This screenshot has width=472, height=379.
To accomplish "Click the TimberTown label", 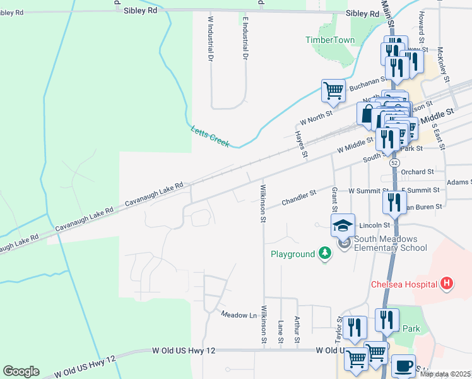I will pos(330,40).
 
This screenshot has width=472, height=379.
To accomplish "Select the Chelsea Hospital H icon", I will pos(447,283).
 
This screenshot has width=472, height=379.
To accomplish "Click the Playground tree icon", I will pos(325,253).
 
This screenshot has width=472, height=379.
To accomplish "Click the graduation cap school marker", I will pos(343,226).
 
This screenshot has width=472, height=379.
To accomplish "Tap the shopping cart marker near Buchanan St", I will pos(333,90).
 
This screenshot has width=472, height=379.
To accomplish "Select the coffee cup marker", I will pos(403,365).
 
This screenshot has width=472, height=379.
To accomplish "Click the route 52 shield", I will pos(394,162).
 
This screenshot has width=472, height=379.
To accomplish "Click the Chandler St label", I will pos(298,196).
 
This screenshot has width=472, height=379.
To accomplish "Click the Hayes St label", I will pos(304,145).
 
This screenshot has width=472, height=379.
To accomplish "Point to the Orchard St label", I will pos(417,171).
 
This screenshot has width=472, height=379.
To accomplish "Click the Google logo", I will pos(21,371).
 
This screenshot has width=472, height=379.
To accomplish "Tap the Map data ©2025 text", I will pos(445,374).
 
